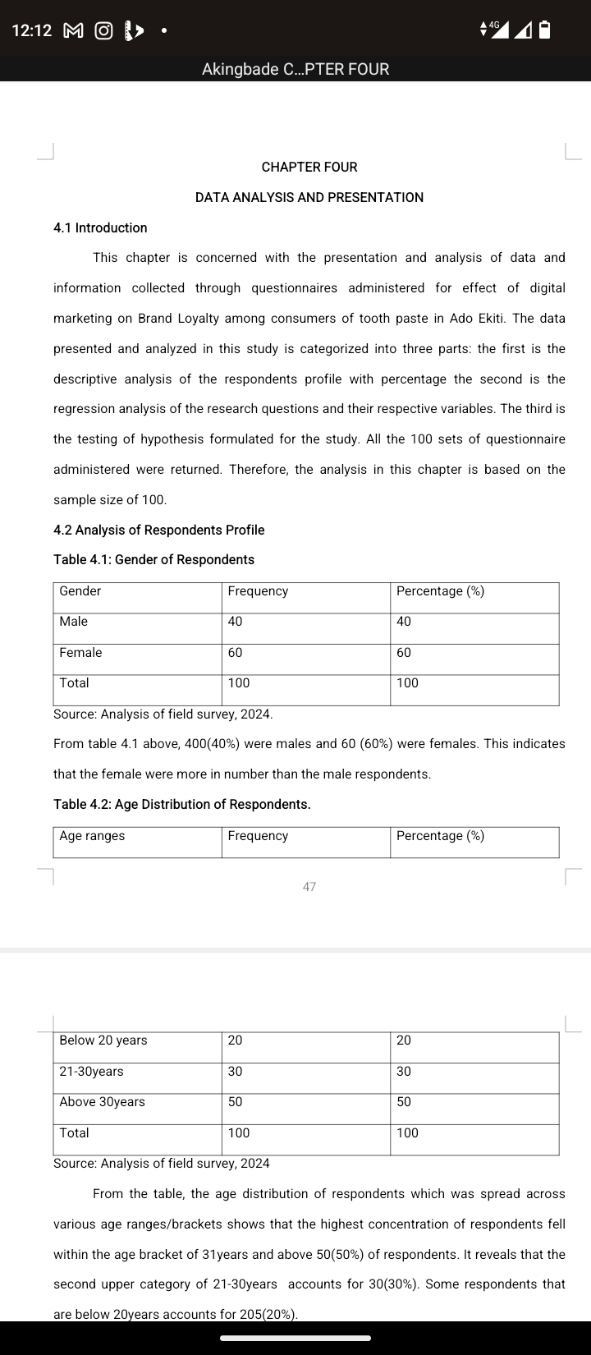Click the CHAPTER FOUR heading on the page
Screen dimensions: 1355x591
(309, 167)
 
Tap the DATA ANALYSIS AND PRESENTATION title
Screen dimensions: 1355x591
(309, 197)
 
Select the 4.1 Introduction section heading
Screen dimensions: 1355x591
(100, 227)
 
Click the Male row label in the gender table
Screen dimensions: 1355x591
(74, 622)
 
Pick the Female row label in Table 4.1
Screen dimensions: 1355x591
(80, 652)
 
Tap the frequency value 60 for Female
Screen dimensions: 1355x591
(236, 652)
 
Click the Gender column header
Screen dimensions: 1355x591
(80, 591)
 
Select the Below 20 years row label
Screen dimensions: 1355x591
(103, 1040)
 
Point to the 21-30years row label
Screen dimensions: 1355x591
(91, 1071)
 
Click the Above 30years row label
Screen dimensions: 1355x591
(102, 1101)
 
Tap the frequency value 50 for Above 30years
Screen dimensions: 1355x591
(236, 1101)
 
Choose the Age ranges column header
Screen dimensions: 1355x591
(92, 836)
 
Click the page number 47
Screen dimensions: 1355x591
(309, 887)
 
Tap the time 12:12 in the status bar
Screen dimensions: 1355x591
(32, 30)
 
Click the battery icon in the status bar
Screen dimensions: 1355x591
(544, 30)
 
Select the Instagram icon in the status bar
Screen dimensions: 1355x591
(103, 30)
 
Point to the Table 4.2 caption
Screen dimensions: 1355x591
(182, 804)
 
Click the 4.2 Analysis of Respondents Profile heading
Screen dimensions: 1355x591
(158, 530)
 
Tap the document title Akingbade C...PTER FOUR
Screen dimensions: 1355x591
(295, 69)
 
